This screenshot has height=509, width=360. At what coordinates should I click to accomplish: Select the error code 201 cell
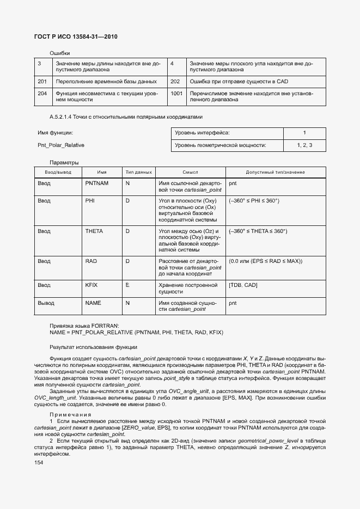[x=42, y=82]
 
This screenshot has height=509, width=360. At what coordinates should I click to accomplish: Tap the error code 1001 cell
[x=176, y=93]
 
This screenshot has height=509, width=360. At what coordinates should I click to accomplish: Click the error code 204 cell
[x=42, y=93]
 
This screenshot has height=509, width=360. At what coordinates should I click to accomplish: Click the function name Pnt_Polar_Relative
[x=61, y=145]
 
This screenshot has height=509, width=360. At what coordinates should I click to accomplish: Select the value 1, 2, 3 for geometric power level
[x=304, y=145]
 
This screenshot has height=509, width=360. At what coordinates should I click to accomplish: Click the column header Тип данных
[x=138, y=171]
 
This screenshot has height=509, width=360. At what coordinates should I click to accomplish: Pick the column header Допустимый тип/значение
[x=276, y=171]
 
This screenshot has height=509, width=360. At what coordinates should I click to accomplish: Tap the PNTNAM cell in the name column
[x=97, y=183]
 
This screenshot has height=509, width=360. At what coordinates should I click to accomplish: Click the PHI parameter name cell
[x=90, y=201]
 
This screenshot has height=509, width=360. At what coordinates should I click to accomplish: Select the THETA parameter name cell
[x=94, y=231]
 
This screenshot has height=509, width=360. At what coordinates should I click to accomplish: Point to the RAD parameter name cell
[x=91, y=261]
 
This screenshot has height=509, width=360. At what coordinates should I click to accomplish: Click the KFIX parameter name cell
[x=91, y=285]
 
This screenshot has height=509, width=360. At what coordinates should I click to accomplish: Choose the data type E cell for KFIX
[x=127, y=285]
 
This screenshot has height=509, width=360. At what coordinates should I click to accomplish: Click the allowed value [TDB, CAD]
[x=243, y=285]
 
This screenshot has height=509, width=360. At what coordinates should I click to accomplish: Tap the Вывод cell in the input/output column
[x=46, y=303]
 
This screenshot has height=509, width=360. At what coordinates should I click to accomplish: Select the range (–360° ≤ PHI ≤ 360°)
[x=254, y=201]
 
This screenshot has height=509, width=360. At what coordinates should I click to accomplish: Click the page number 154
[x=39, y=462]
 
